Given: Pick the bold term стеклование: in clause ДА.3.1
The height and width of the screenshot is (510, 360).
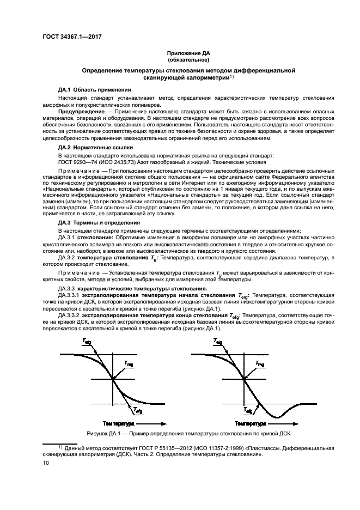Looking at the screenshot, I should [96, 238].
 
